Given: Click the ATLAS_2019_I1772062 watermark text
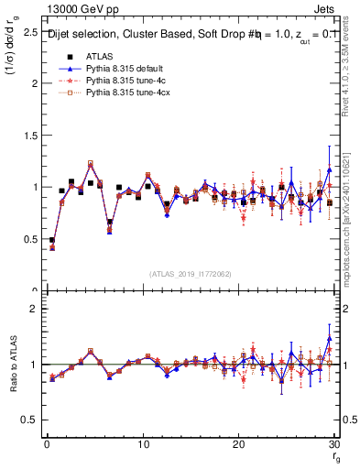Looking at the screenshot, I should point(190,274).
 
